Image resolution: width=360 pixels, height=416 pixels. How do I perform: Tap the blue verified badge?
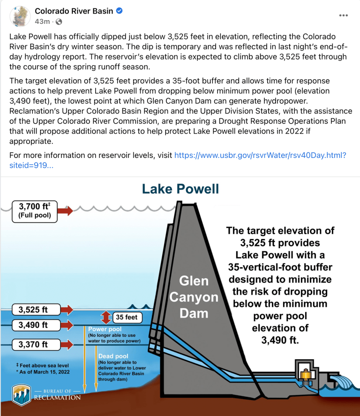pos(120,11)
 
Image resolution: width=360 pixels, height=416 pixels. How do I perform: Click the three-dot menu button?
pos(343,15)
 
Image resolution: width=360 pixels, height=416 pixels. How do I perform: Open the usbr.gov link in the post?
pos(260,155)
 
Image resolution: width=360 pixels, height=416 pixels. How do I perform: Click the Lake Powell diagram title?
pos(180,189)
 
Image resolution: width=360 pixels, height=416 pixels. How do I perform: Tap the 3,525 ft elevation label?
pos(33,310)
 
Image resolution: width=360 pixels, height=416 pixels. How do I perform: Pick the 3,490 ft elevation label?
pos(33,324)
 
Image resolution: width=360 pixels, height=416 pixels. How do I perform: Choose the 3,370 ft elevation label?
pos(33,345)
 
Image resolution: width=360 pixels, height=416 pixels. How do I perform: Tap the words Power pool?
pos(105,329)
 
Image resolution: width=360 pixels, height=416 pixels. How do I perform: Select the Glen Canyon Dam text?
pos(194,297)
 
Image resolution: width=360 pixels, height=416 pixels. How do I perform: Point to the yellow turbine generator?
pos(307,375)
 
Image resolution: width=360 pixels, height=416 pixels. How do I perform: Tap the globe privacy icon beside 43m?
pos(59,22)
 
